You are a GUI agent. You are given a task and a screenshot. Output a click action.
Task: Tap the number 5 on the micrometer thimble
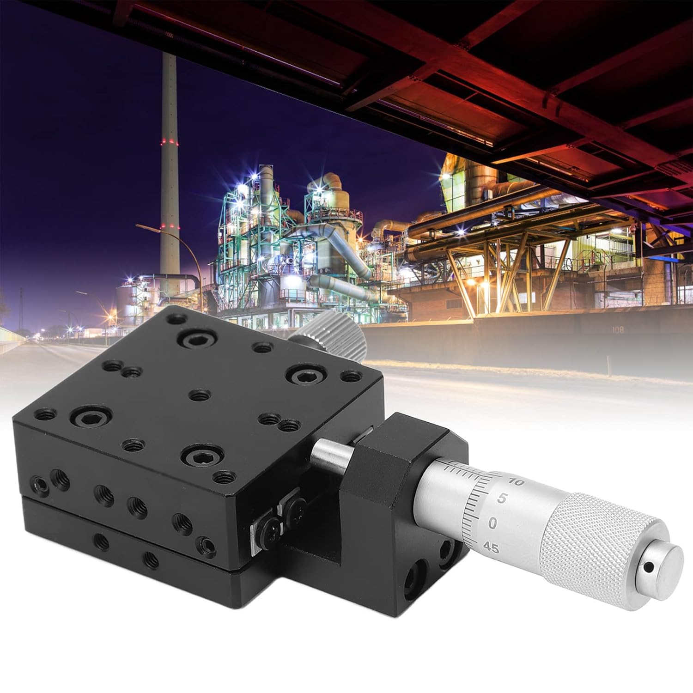tap(504, 499)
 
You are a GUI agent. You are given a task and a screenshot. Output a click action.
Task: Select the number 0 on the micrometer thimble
tap(492, 523)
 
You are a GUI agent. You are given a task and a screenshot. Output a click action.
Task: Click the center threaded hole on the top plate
tap(200, 395)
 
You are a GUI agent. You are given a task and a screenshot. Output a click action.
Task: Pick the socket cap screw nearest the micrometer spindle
tap(199, 456)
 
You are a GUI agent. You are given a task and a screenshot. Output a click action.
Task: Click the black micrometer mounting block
tap(397, 457)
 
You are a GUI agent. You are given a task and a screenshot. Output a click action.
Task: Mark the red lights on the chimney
tap(170, 140)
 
